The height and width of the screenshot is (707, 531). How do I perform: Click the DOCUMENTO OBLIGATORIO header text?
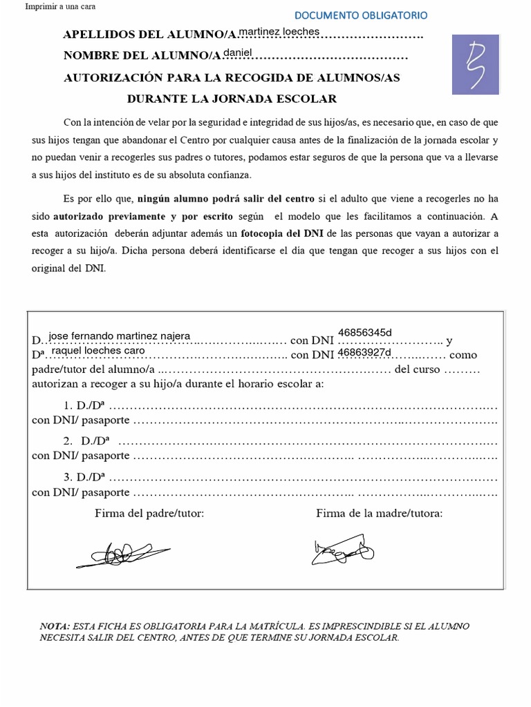pos(360,14)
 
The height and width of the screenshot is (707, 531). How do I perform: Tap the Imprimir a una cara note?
pos(60,7)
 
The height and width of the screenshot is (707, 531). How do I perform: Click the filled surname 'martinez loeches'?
pos(279,32)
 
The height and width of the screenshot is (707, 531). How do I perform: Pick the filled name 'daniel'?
pos(238,52)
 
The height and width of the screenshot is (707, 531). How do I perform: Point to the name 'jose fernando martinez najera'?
pos(124,336)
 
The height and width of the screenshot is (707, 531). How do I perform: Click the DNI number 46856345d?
pos(365,333)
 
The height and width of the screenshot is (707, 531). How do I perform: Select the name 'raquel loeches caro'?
pos(98,350)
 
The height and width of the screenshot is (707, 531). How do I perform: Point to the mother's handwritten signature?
pos(344,548)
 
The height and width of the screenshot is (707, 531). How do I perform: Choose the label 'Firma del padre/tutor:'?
pos(149,513)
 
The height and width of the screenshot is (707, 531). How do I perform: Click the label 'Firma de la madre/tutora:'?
pos(379,513)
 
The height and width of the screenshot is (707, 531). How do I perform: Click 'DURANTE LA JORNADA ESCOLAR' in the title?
pos(232,99)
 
